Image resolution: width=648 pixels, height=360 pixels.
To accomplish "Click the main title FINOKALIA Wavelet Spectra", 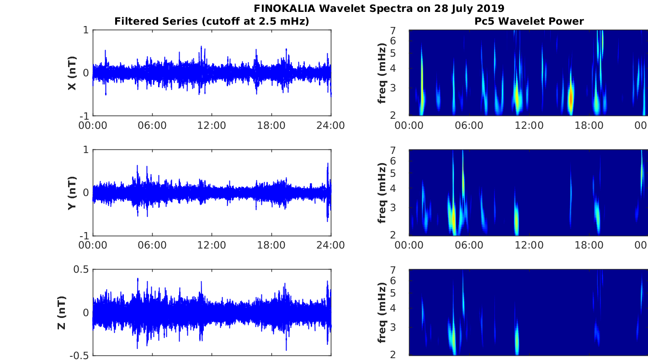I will (x=379, y=8).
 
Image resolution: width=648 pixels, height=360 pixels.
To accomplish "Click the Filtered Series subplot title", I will (x=212, y=21).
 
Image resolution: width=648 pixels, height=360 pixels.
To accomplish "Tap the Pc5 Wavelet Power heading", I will (x=528, y=21).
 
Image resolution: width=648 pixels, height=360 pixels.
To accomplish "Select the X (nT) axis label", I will (x=72, y=73).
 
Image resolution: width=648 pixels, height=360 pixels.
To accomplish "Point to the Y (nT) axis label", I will (x=72, y=193).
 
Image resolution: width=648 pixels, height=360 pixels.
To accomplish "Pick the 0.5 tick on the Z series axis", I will (x=81, y=270).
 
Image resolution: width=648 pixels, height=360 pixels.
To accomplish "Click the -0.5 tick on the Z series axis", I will (x=80, y=355).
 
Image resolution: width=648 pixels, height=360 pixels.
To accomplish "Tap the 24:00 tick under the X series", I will (x=331, y=125).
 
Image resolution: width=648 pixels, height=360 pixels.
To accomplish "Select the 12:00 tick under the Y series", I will (x=212, y=245).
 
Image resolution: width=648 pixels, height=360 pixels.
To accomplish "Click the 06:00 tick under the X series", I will (x=152, y=125).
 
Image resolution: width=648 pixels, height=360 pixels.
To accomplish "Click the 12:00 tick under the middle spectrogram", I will (x=528, y=245).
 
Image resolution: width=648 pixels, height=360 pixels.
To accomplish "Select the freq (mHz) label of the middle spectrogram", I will (x=382, y=193).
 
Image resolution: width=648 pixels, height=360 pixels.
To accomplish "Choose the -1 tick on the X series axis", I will (x=84, y=116).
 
